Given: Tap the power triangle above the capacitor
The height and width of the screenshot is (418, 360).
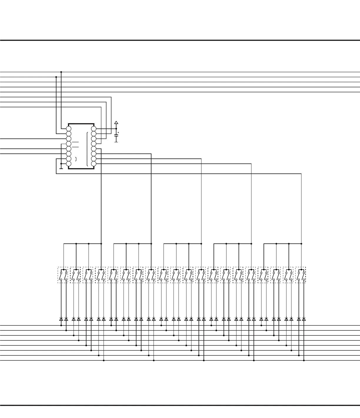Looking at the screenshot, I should point(116,123).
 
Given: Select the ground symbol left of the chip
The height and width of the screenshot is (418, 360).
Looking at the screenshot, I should point(61,168).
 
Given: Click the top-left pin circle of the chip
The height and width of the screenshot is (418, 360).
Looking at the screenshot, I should point(69,129).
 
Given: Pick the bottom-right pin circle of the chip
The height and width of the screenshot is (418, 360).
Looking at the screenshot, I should point(94,164).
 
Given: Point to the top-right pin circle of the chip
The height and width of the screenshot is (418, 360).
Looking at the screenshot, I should point(94,129).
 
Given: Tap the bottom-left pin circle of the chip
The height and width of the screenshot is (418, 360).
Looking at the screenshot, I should point(69,164).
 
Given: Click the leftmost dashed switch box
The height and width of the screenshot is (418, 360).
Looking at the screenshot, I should point(63,275).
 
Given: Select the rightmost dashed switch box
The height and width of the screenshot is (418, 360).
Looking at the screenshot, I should point(301,275).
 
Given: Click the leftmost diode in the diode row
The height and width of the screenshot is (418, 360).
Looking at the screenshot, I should point(61,319).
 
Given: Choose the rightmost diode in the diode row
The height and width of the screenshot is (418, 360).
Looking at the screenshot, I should point(304,319).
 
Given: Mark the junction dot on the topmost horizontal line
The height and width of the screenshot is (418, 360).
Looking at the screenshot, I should point(61,72).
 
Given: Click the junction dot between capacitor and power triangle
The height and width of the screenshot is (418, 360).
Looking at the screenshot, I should point(116,129).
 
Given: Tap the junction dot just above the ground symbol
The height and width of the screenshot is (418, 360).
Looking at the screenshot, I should point(61,164).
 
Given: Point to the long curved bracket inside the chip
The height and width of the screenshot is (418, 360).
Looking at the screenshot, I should point(87,149).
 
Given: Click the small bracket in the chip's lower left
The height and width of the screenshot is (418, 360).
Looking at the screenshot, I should point(76,159).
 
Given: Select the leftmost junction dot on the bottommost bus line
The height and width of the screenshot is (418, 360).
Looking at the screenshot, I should point(104,360).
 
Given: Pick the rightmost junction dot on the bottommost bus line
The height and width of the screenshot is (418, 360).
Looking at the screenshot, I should point(304,360).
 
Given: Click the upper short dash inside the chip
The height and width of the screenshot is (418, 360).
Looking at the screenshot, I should point(75,142).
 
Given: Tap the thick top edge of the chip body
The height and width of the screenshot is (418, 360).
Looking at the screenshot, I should point(81,124).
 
